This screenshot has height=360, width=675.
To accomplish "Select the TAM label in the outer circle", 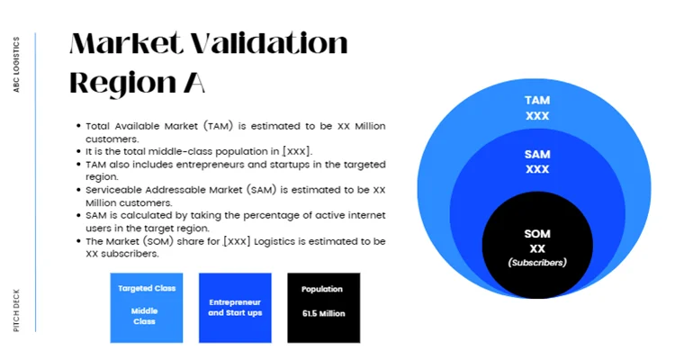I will tap(537, 101).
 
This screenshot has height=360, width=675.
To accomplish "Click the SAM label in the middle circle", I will tap(537, 155).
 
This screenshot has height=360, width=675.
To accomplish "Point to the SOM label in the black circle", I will tap(537, 234).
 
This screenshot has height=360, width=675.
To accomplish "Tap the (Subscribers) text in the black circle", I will tap(537, 262).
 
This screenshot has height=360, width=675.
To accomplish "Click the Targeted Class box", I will tap(145, 308).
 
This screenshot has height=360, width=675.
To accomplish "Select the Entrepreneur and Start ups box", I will tap(234, 308).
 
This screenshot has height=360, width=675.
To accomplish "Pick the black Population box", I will tap(323, 308).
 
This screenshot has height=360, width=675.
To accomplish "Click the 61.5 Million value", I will tap(323, 314).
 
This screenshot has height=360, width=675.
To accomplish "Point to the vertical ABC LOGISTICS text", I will tap(17, 65).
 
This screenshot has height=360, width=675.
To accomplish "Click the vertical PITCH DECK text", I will tap(17, 310).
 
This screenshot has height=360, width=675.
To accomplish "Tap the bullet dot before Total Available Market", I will tap(78, 127).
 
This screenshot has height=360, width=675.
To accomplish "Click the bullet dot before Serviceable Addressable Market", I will tap(78, 191).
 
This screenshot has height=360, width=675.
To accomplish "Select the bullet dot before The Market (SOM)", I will tap(78, 242).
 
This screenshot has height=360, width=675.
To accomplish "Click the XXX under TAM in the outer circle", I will tap(537, 116).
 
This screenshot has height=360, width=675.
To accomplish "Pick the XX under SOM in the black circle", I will tap(537, 248).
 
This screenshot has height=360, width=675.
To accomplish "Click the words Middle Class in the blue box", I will tap(145, 315).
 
